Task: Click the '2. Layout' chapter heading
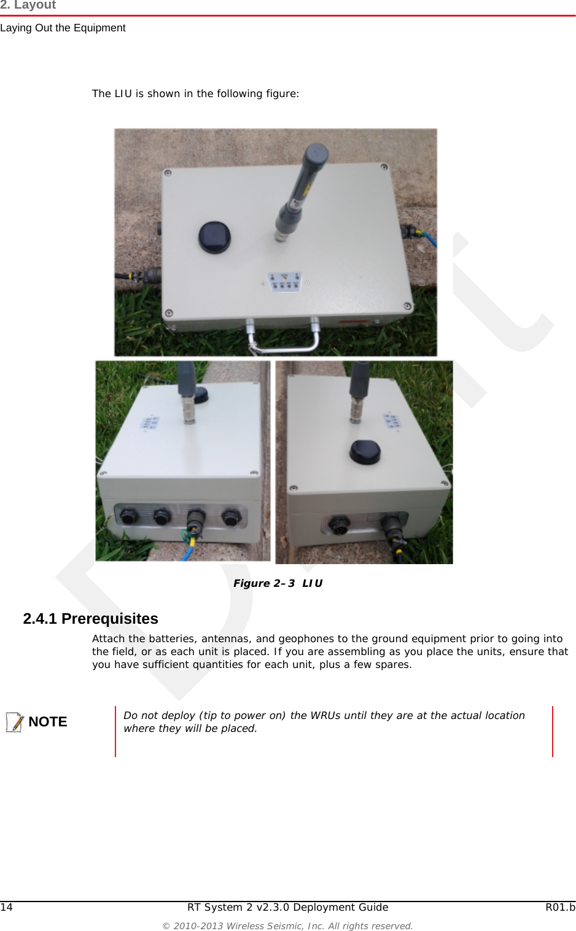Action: [x=28, y=5]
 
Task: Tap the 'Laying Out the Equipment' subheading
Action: [x=63, y=28]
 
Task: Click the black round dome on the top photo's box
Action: [x=214, y=237]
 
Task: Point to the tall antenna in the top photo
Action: [x=300, y=191]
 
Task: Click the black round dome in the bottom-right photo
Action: [x=365, y=451]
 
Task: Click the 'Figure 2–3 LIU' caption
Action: [x=278, y=583]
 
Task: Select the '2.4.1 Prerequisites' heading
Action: [x=90, y=619]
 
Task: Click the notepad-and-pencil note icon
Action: [x=14, y=722]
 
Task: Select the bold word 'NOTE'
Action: [x=48, y=722]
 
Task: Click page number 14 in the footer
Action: [x=6, y=908]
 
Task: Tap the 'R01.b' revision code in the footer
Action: [x=560, y=908]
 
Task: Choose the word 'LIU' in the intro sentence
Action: [x=123, y=94]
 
